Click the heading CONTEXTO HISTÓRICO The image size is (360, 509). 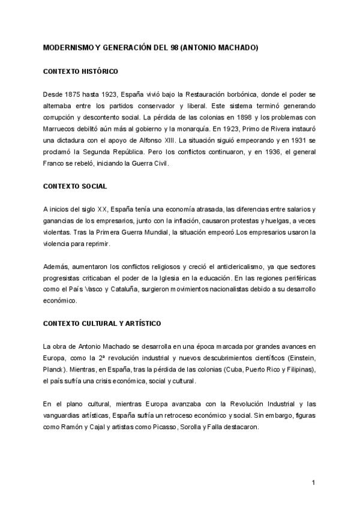[x=80, y=71]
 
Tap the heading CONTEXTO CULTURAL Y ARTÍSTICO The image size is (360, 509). [x=101, y=324]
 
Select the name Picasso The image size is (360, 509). [x=179, y=426]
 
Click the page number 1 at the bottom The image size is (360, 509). [x=314, y=483]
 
